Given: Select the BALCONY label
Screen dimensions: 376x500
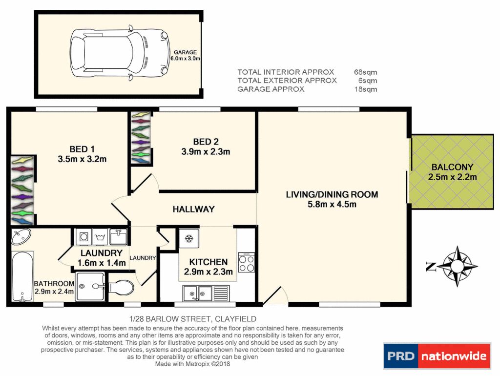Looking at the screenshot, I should point(452,167).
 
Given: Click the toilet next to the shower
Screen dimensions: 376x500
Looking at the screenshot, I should point(121,287).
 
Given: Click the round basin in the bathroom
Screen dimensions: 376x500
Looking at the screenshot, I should point(21,237).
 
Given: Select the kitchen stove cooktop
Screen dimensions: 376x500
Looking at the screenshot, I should point(247,264).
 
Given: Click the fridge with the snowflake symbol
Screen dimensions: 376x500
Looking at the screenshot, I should point(188,239).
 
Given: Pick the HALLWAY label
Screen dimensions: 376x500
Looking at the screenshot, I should point(193,209).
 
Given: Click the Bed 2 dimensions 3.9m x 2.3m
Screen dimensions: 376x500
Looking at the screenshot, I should point(206,152).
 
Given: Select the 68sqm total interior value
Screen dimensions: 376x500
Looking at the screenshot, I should point(365,72).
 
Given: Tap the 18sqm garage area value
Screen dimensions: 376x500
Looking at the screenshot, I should point(365,89).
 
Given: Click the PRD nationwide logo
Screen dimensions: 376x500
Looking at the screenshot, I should point(437,356).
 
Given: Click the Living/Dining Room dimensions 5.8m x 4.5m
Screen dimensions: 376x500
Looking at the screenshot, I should point(332,204).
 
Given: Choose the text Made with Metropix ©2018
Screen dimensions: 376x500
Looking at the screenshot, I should point(192,364).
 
